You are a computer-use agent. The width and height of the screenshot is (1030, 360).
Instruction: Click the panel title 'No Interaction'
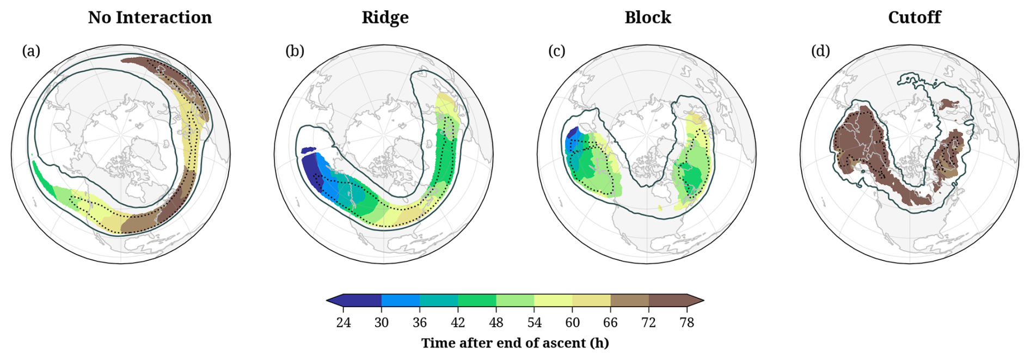(x=150, y=17)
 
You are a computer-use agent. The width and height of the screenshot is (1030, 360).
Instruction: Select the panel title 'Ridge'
(x=385, y=17)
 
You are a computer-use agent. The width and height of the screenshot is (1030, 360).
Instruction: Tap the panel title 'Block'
(x=647, y=17)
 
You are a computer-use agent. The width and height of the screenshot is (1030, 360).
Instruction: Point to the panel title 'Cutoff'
(x=914, y=17)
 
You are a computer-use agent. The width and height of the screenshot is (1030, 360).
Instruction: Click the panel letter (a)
(x=31, y=51)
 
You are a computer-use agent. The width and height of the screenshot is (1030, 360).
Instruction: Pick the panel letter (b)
(x=295, y=51)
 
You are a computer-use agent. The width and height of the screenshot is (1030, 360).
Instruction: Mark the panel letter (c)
(x=556, y=51)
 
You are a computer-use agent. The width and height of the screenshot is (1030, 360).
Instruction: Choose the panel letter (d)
(x=820, y=51)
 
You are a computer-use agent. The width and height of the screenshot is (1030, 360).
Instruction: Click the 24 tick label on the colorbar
(x=344, y=323)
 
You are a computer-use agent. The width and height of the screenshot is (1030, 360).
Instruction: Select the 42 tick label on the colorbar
(x=458, y=323)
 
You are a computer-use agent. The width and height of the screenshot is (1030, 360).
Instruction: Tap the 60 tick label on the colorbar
(x=572, y=323)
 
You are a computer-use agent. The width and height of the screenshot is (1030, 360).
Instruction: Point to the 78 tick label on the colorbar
(x=686, y=323)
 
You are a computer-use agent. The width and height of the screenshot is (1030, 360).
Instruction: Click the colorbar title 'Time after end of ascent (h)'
(x=515, y=343)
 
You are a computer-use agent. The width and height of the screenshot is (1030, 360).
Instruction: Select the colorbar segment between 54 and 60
(x=553, y=300)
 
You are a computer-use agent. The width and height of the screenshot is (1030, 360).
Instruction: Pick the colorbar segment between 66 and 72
(x=629, y=300)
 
